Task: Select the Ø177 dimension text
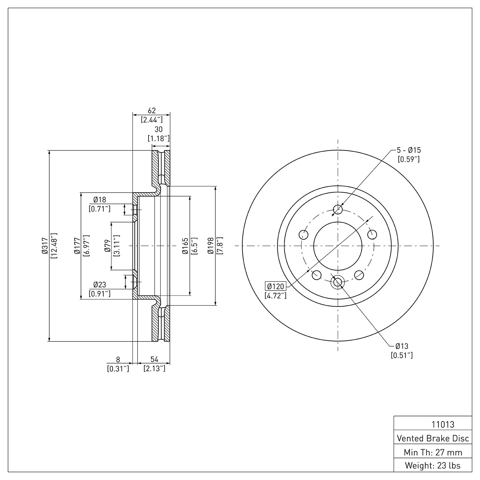point(76,246)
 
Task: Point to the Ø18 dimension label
point(100,200)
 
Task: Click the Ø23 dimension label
point(100,284)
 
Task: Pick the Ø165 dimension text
point(185,246)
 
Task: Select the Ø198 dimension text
point(210,246)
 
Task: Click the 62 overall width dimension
point(152,110)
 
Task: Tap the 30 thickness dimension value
point(158,129)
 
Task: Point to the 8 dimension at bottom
point(118,359)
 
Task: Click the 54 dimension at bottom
point(155,359)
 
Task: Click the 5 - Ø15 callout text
point(409,150)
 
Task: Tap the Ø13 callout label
point(402,346)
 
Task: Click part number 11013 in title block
point(443,425)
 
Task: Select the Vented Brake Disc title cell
point(433,438)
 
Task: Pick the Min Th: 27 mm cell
point(433,452)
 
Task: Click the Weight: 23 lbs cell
point(433,465)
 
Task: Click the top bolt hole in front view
point(338,210)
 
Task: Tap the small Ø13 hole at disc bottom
point(338,282)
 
